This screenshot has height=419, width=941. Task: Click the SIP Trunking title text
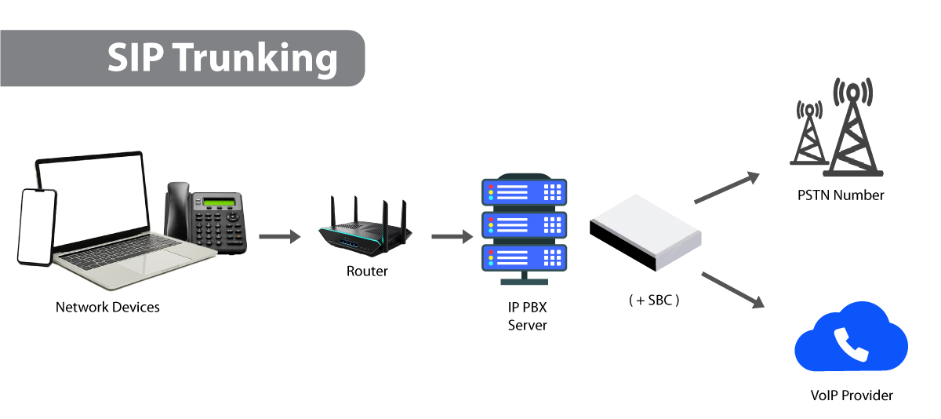click(222, 59)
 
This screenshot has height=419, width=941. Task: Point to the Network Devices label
click(107, 308)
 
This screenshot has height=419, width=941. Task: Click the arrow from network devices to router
click(279, 236)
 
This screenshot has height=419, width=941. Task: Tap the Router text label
click(367, 271)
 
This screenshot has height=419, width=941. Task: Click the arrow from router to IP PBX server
click(452, 236)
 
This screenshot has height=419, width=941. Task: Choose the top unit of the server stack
click(523, 192)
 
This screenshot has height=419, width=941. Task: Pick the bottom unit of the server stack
click(523, 257)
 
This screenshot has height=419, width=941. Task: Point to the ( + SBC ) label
click(653, 299)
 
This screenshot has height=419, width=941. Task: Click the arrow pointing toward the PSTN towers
click(727, 187)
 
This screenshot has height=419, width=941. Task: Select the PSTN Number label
click(840, 195)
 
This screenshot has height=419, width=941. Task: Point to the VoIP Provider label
click(851, 395)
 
